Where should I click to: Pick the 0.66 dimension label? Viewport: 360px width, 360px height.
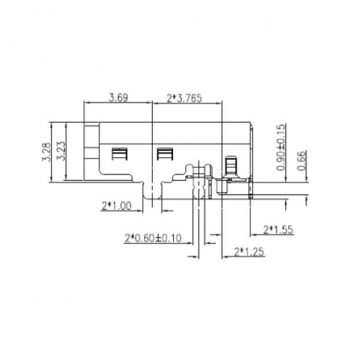coord(303,160)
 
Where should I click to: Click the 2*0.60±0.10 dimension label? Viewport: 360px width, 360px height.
coord(152,237)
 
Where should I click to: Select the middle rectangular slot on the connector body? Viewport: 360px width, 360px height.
coord(163,156)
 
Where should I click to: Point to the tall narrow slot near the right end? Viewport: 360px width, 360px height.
coord(232,164)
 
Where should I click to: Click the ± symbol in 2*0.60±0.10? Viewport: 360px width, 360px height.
coord(161,237)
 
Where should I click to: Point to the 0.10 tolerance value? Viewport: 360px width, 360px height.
coord(173,237)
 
